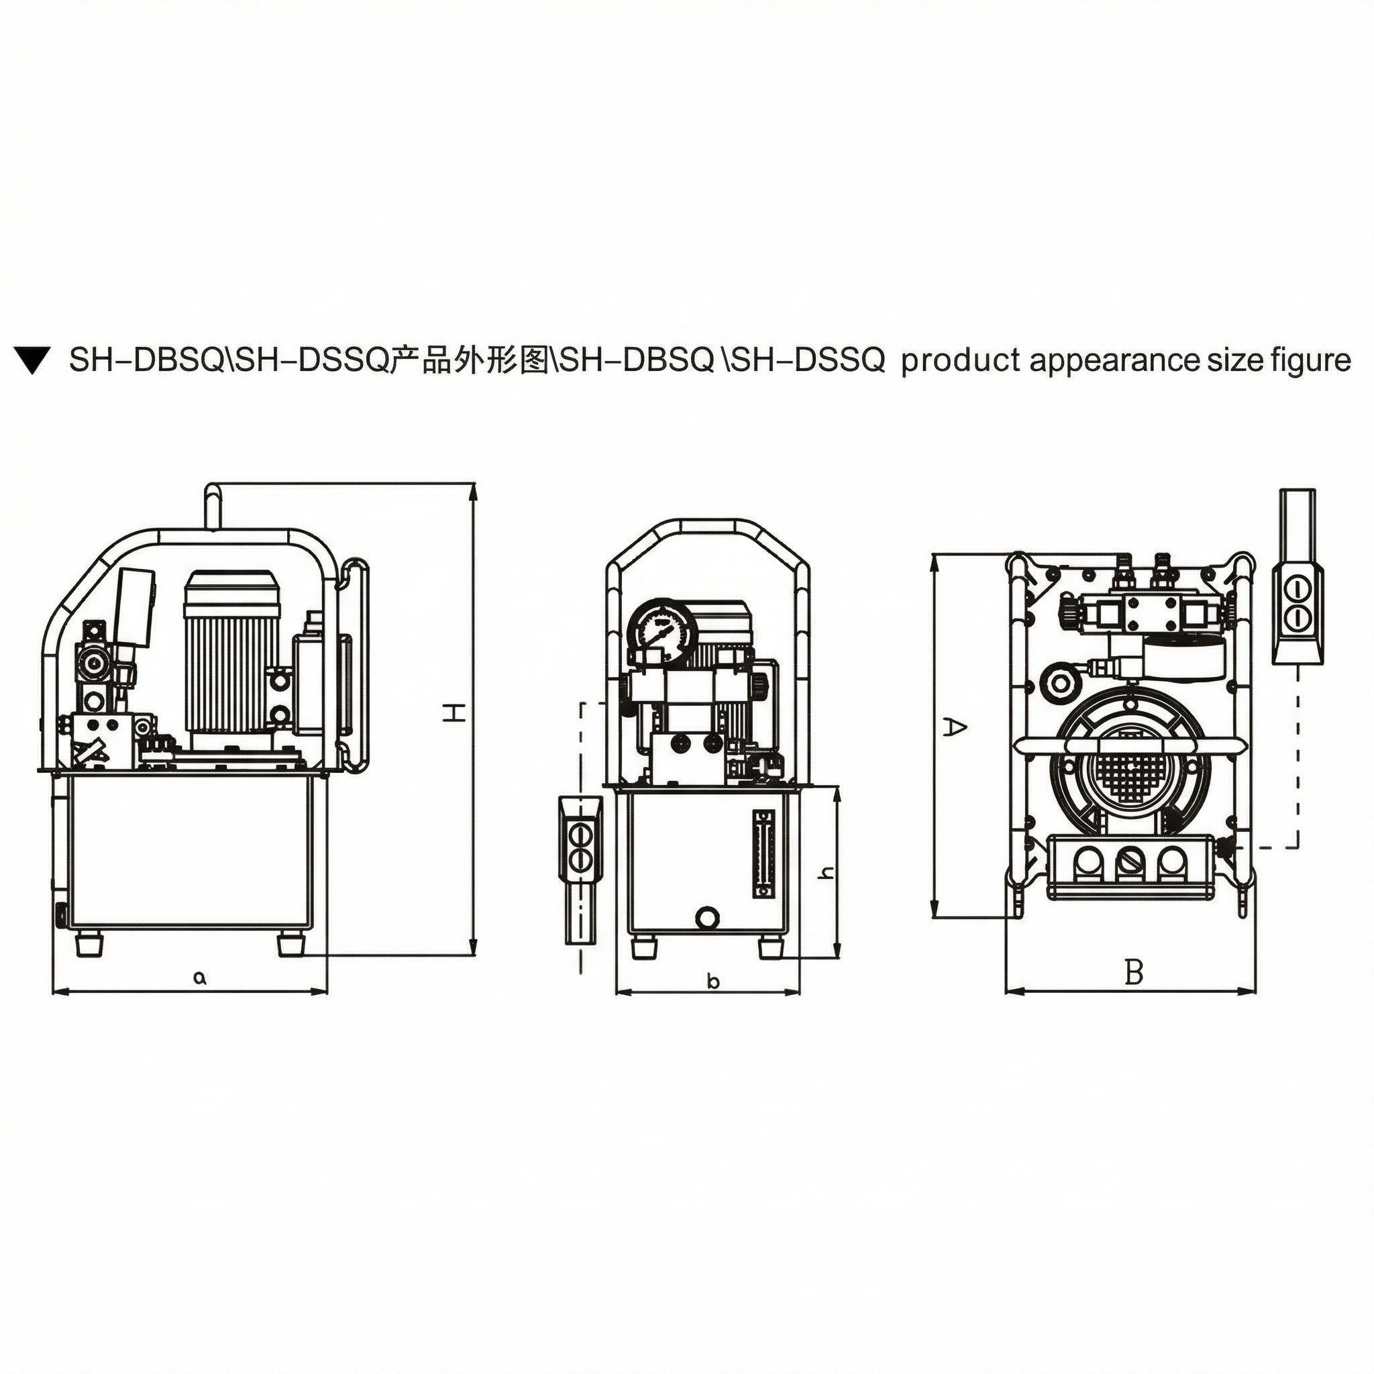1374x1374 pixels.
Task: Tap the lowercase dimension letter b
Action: pos(713,982)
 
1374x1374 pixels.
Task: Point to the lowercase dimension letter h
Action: pos(825,873)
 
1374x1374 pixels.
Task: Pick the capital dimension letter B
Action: pos(1134,971)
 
